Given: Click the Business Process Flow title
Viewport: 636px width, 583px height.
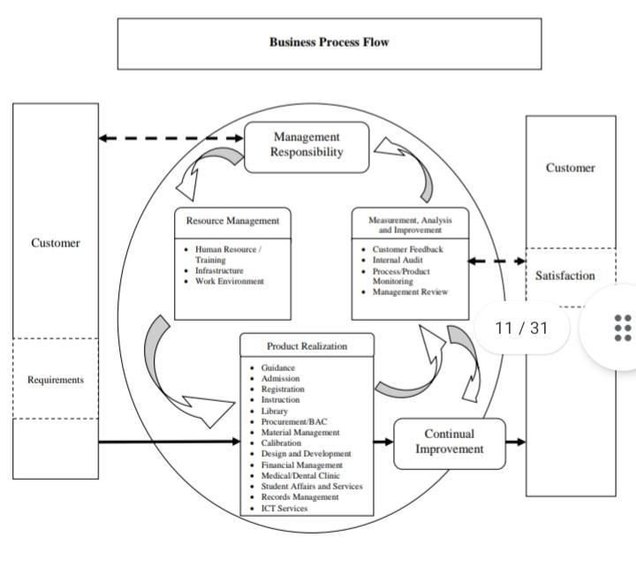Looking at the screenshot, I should click(329, 42).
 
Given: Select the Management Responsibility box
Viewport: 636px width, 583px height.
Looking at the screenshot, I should click(307, 144).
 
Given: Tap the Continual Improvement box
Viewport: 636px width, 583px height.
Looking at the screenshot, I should click(449, 442).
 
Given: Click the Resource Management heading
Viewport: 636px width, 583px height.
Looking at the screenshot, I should click(232, 221).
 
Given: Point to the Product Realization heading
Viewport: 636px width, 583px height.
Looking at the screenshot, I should click(307, 345).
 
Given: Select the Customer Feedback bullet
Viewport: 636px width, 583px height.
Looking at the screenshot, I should click(407, 250).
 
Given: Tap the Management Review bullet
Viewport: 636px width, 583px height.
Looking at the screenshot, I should click(410, 291).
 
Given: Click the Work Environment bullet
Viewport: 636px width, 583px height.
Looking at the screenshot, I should click(229, 281).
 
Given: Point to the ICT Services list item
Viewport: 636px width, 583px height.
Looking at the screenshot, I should click(284, 508).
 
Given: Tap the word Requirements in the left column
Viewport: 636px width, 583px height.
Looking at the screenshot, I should click(56, 380).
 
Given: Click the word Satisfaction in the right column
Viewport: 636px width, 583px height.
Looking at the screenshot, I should click(564, 276).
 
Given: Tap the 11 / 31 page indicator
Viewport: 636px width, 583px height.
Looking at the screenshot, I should click(521, 328).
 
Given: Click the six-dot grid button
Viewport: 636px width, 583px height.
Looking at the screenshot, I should click(622, 328).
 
